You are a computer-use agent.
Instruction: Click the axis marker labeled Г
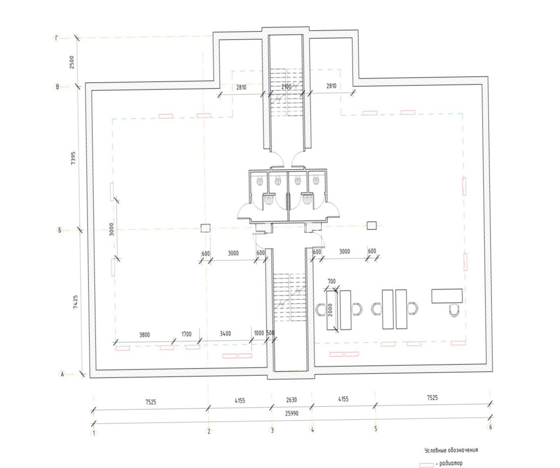tap(57, 39)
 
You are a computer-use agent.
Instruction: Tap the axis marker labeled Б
tap(60, 230)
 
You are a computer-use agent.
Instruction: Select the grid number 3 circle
tap(272, 431)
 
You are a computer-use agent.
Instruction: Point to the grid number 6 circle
tap(491, 427)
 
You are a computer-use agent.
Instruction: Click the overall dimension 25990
tap(292, 413)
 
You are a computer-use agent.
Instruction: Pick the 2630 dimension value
tap(292, 400)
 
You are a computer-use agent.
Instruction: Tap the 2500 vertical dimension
tap(72, 62)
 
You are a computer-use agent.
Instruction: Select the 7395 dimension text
tap(73, 158)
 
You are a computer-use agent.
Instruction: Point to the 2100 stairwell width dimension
tap(287, 87)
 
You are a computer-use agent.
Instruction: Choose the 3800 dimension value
tap(144, 335)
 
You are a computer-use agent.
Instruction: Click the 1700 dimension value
tap(186, 334)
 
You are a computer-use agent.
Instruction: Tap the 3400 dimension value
tap(225, 333)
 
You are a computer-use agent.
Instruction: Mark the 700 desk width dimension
tap(332, 281)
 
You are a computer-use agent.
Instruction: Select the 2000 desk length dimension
tap(330, 310)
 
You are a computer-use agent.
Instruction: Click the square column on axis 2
tap(206, 228)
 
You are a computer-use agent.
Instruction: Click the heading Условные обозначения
tap(451, 450)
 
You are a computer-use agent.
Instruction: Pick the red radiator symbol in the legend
tap(426, 465)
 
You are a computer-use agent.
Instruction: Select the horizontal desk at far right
tap(447, 296)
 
